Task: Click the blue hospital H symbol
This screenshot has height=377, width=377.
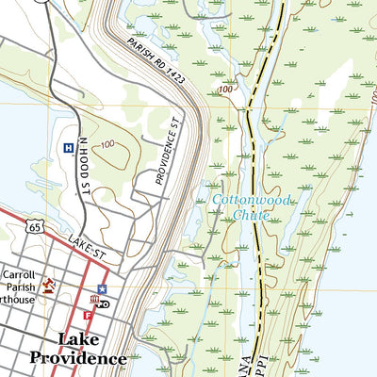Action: (x=68, y=148)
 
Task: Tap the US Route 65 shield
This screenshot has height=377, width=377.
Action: (x=35, y=227)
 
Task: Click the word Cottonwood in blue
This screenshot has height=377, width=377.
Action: (x=251, y=201)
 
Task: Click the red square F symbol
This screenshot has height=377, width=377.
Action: (x=87, y=315)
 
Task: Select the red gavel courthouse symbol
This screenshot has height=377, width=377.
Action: (x=48, y=287)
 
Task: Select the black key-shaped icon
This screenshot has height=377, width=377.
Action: (x=104, y=303)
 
